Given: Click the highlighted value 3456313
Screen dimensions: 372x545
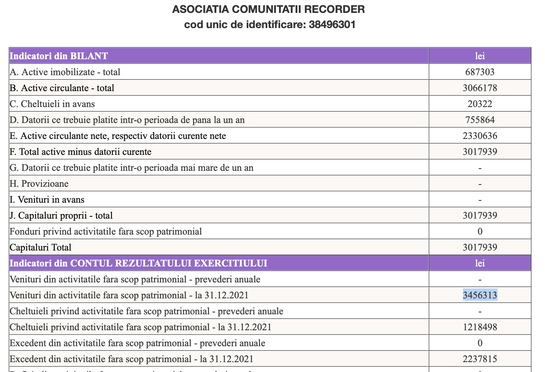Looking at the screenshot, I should [480, 295].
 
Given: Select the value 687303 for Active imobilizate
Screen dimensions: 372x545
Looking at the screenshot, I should [480, 72].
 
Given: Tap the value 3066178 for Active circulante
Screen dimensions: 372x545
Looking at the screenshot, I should [480, 88].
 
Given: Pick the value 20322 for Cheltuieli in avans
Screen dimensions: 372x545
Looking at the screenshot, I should [480, 104].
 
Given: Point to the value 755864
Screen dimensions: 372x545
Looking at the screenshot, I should [480, 120].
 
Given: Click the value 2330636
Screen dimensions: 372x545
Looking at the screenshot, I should [480, 136].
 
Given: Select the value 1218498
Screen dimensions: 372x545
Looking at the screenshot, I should [480, 327].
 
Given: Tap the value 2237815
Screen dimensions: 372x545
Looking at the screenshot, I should [480, 359].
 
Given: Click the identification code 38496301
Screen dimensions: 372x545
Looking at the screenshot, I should [332, 25].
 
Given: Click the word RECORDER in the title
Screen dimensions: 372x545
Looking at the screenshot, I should [336, 9].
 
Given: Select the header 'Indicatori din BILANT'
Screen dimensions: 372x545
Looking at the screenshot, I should [59, 56].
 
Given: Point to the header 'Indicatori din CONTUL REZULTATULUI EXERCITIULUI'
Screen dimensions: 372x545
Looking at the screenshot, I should [139, 263].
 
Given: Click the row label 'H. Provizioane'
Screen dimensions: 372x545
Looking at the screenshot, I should [39, 184].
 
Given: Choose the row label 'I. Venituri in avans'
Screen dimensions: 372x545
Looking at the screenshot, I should [47, 200].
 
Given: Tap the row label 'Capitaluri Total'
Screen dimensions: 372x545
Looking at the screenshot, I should [41, 247].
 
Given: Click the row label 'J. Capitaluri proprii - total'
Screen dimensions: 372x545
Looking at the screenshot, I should [61, 216].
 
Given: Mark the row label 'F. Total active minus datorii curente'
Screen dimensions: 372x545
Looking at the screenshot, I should [80, 152].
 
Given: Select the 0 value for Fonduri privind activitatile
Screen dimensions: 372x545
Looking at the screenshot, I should [480, 232].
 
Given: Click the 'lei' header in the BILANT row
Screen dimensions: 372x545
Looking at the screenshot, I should [480, 56].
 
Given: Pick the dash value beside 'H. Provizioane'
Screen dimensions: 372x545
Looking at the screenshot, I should [480, 184].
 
